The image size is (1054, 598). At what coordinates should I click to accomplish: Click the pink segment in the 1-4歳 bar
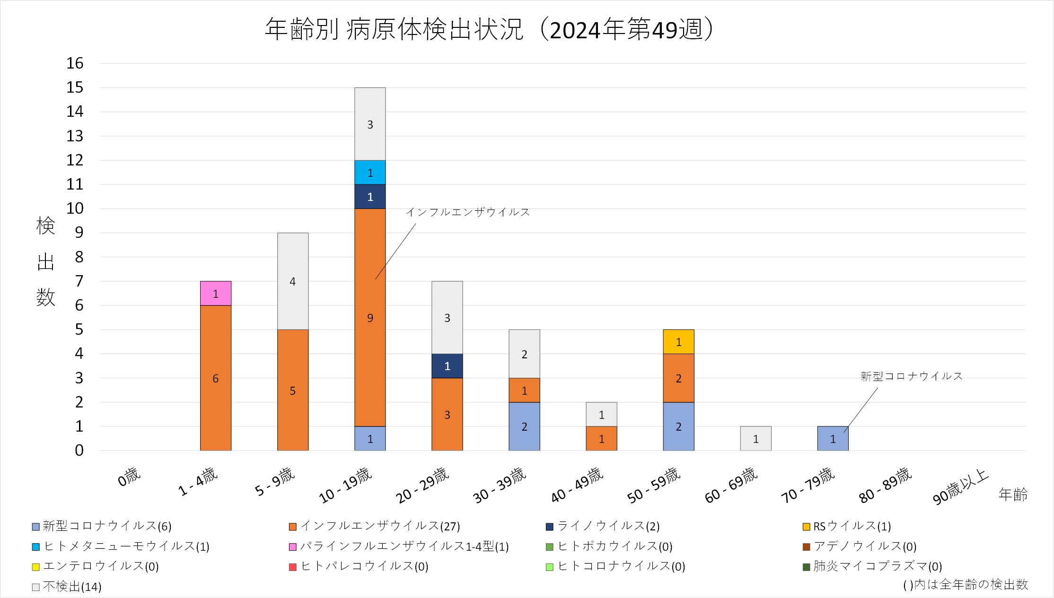tap(216, 294)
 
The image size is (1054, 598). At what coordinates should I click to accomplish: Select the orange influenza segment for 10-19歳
tap(370, 317)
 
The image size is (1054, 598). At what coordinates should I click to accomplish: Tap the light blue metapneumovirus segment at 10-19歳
tap(370, 173)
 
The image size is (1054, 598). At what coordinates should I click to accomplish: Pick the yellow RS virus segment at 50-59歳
tap(678, 342)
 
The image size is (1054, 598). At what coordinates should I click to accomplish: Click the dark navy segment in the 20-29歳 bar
tap(447, 366)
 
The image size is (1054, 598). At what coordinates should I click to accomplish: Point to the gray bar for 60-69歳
tap(755, 439)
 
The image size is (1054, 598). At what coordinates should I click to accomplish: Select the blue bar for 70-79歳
tap(833, 439)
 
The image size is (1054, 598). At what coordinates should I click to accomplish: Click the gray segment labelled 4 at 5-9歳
tap(293, 281)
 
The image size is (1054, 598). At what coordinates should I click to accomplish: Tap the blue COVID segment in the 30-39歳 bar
tap(524, 426)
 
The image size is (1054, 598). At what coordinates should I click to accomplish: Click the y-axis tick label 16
tap(75, 63)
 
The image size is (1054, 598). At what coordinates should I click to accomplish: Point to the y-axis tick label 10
tap(75, 208)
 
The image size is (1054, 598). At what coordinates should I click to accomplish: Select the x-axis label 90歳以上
tap(960, 487)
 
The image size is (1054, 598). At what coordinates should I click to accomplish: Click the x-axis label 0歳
tap(129, 477)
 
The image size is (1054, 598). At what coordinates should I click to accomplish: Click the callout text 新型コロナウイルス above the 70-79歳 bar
tap(911, 376)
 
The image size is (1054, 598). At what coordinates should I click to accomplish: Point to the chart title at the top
tap(489, 30)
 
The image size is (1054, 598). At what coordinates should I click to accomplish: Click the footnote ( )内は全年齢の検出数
tap(965, 585)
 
